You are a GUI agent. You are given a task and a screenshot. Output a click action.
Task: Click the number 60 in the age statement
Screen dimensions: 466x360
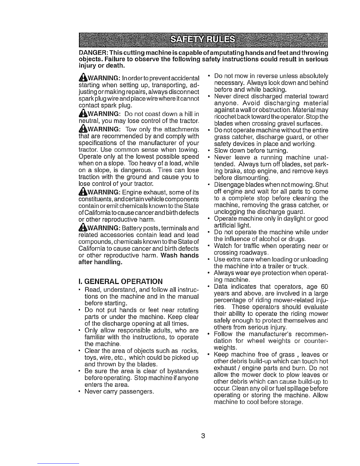click(x=324, y=287)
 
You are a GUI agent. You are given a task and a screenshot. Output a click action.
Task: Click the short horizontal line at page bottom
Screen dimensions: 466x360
click(x=59, y=463)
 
